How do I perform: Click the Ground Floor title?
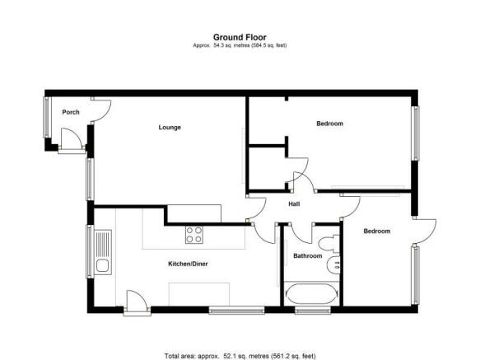pos(240,37)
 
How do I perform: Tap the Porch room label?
pos(71,112)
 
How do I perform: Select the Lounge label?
pos(170,127)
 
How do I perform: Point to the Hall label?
pos(294,204)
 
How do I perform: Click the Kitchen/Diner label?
pos(188,264)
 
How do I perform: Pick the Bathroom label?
pos(308,256)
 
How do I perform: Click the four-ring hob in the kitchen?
pos(194,235)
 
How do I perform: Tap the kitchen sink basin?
pos(102,266)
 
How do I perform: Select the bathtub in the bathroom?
pos(312,294)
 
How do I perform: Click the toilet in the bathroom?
pos(330,244)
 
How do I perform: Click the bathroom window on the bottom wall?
pos(313,311)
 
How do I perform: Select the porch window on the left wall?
pos(46,117)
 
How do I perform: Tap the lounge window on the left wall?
pos(90,180)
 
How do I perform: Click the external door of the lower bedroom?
pos(424,231)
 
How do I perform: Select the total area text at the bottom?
pos(240,356)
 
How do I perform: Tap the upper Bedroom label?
pos(329,124)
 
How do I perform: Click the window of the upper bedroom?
pos(416,133)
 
